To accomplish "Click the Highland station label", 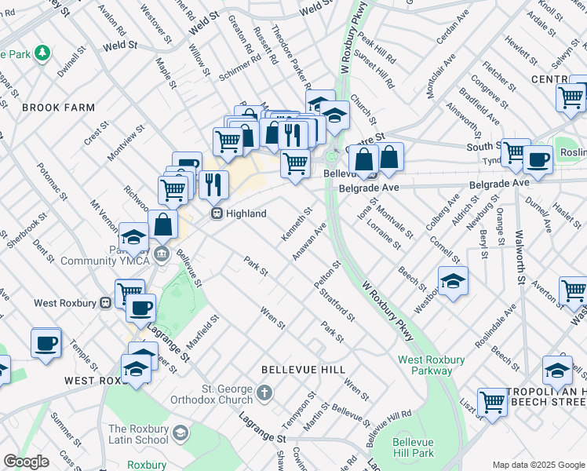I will click(x=246, y=214).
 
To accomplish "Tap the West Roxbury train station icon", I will click(x=105, y=302).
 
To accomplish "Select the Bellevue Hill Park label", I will click(x=414, y=447).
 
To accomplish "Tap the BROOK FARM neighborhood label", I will click(x=59, y=108).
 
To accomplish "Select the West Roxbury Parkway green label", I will click(x=431, y=365).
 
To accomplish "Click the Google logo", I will click(x=26, y=462).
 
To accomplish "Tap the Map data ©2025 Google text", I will click(x=538, y=465).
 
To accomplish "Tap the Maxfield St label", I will click(x=202, y=334).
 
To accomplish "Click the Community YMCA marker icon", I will click(x=162, y=254).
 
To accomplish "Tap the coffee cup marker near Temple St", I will click(x=46, y=343).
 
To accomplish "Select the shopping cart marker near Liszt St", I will click(x=492, y=402).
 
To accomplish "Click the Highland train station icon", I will click(x=214, y=214).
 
